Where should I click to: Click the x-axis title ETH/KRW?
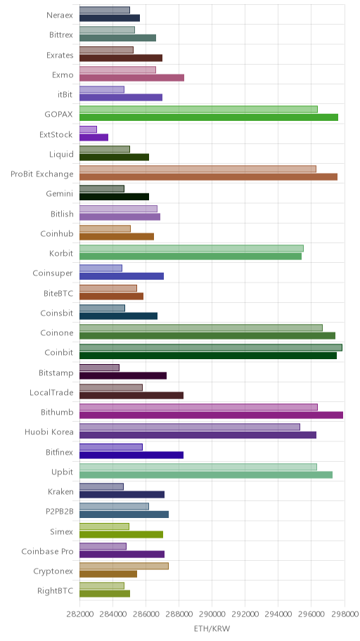click(x=212, y=628)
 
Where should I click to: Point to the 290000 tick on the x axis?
click(x=212, y=614)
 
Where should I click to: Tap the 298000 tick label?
click(x=345, y=614)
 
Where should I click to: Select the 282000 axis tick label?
click(x=79, y=614)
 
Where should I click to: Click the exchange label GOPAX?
click(x=59, y=114)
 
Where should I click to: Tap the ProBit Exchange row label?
click(x=42, y=174)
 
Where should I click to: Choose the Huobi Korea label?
click(x=49, y=432)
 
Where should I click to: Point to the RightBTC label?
click(x=56, y=590)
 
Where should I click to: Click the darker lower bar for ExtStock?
click(x=94, y=137)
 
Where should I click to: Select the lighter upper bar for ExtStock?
click(x=88, y=129)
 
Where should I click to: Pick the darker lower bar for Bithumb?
click(x=211, y=415)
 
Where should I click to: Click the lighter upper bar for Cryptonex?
click(x=124, y=566)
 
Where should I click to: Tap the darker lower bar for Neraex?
click(x=110, y=18)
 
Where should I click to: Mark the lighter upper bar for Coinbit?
click(x=211, y=347)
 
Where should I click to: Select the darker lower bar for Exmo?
click(x=131, y=78)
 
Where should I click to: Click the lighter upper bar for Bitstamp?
click(x=99, y=368)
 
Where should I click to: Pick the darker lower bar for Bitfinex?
click(x=131, y=455)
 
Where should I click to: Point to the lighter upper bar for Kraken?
click(x=101, y=486)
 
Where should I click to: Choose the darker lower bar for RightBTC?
click(x=105, y=594)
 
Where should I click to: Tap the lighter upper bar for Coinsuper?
click(x=101, y=268)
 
